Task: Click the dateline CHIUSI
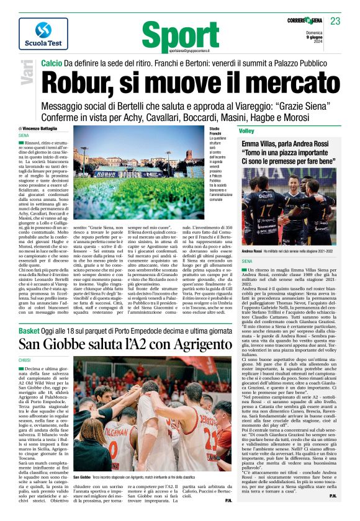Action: (25, 360)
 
